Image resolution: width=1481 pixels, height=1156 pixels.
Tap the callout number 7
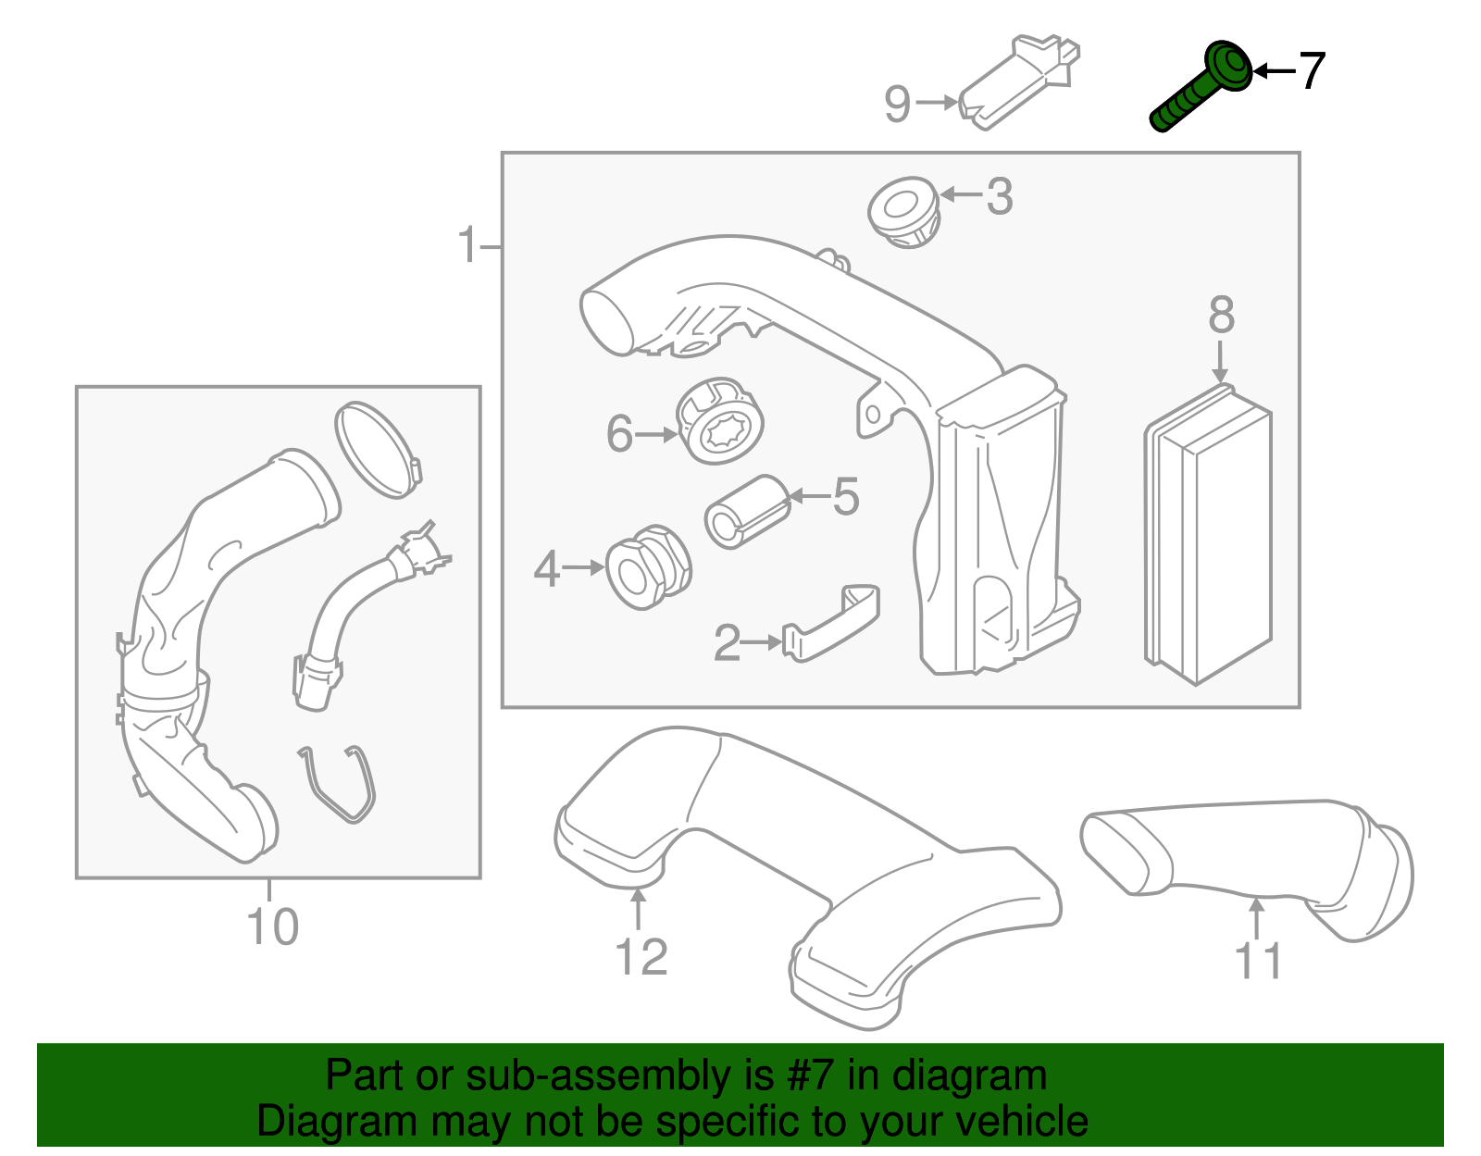pos(1312,71)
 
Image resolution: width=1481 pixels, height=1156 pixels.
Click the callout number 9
pos(897,104)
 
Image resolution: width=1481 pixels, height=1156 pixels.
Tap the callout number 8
pos(1221,316)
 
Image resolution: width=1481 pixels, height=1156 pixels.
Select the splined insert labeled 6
pos(722,421)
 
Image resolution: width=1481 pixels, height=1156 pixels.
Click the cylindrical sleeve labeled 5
pos(746,512)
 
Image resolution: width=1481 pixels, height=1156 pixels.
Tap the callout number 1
pos(469,246)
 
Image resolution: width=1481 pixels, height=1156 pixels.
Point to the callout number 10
pos(272,927)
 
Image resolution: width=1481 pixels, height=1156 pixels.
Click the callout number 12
pos(641,957)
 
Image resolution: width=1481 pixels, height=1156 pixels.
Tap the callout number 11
pos(1258,962)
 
